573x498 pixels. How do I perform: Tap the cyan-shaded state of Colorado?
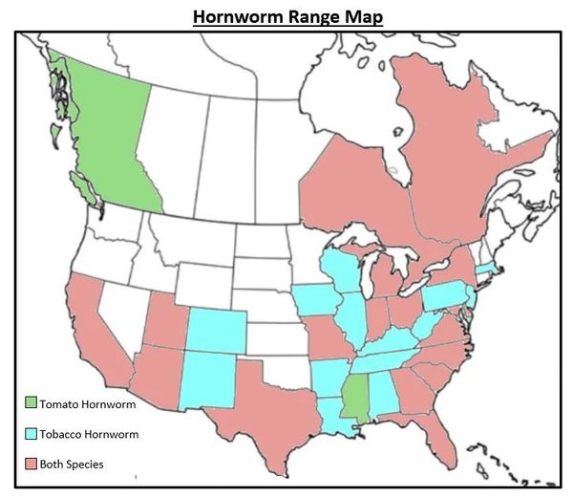216,329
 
